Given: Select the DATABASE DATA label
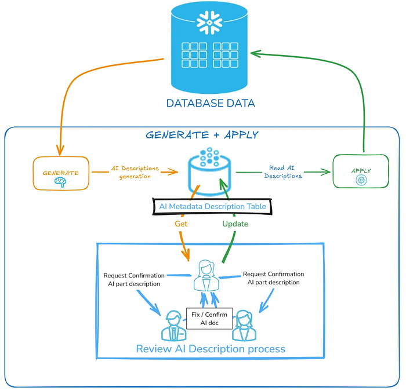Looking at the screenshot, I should pos(211,104).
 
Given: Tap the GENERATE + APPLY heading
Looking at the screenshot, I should pos(202,135).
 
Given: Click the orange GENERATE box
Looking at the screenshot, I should pos(60,173).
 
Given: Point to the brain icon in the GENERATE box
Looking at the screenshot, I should pos(60,182).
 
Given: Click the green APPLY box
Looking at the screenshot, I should pos(360,171).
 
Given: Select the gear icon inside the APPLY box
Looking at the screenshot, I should pos(361,180).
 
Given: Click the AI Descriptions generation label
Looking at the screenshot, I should pos(135,172).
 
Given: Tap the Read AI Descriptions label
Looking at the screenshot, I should pos(283,171).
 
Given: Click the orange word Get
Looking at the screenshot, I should pos(181,223).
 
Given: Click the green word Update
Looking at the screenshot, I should pos(235,223).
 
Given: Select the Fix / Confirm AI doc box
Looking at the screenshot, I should pos(209,318).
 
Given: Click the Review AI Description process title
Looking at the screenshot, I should pos(211,349).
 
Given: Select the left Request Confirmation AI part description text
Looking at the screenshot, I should pos(134,279).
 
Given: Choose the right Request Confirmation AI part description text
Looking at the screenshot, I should pos(273,278).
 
